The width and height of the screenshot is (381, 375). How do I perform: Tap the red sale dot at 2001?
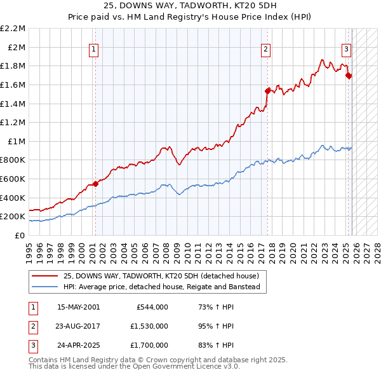[x=95, y=184]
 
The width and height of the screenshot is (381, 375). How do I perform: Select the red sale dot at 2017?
[x=267, y=91]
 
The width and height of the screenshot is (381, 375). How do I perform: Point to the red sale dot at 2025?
[x=348, y=76]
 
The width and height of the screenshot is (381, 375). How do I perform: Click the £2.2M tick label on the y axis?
[x=13, y=29]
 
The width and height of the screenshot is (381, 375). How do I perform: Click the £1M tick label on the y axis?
[x=15, y=141]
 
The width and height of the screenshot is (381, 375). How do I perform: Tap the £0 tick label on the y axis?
[x=19, y=235]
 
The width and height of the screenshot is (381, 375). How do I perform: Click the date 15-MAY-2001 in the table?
[x=78, y=307]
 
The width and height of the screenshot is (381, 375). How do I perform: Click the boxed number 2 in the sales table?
[x=33, y=327]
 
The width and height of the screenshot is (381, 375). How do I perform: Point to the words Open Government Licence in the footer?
[x=171, y=367]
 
